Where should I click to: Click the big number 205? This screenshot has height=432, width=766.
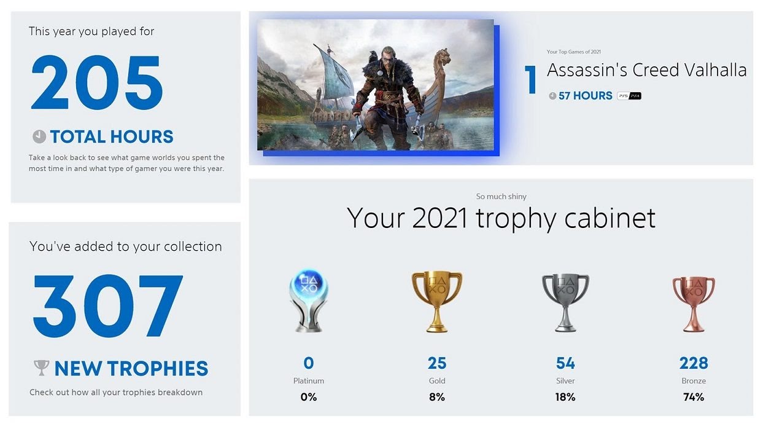tap(96, 83)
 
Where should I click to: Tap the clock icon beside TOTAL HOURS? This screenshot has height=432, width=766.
tap(39, 136)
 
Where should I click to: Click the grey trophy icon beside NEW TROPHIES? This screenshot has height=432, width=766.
tap(41, 367)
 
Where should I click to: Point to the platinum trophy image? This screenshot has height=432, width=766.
tap(308, 300)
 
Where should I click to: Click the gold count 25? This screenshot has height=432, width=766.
tap(437, 363)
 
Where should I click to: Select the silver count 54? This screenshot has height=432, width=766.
tap(565, 363)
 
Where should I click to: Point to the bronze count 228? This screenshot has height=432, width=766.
tap(694, 363)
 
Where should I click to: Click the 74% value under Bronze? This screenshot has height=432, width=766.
tap(694, 397)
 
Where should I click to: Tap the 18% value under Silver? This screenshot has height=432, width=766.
tap(565, 397)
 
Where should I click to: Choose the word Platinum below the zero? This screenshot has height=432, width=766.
tap(309, 381)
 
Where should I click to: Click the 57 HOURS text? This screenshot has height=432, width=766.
tap(585, 96)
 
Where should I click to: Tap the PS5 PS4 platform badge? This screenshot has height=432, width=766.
tap(629, 96)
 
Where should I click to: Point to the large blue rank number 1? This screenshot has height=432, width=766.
tap(530, 81)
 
